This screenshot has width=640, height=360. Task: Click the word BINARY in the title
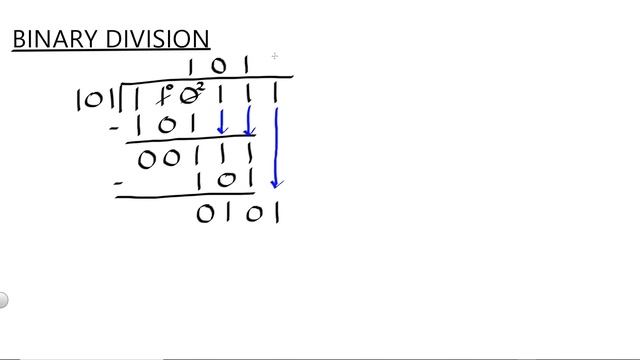point(51,39)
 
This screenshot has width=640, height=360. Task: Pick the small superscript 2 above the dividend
point(200,88)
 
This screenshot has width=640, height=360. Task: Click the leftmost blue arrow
point(223,122)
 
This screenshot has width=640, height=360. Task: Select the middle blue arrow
point(248,122)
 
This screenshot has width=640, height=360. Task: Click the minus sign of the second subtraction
point(119,183)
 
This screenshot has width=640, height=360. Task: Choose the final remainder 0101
point(238,213)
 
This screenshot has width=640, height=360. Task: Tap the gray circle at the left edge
point(3,300)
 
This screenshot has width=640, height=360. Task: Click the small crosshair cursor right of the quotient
point(274,56)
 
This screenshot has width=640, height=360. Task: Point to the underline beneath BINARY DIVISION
point(110,51)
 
